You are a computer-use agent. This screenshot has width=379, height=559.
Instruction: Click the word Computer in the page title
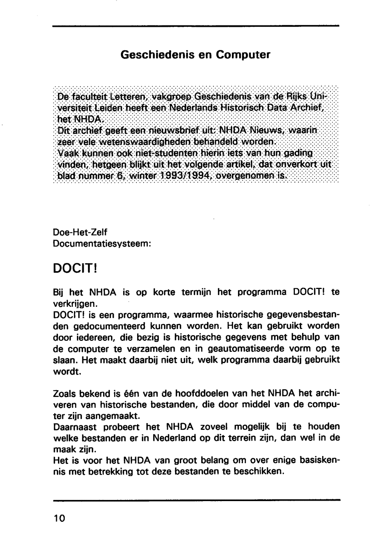[x=243, y=55]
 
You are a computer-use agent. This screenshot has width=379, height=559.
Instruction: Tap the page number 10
[x=60, y=518]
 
